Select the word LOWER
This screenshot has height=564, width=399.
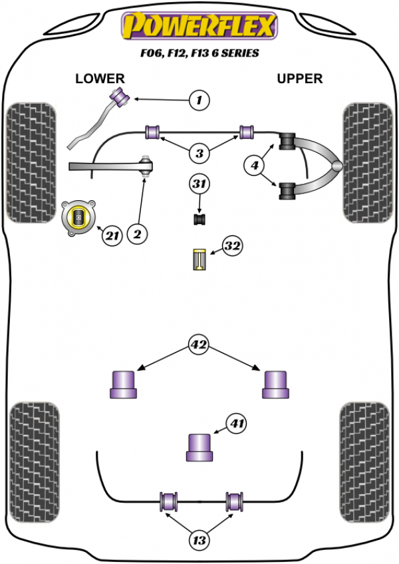(x=100, y=78)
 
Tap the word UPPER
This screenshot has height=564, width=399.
(x=299, y=78)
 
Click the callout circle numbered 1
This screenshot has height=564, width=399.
(x=198, y=100)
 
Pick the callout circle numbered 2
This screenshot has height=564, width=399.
(x=138, y=233)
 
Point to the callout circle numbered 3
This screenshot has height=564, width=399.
(x=198, y=154)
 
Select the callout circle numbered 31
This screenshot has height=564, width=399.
(x=198, y=184)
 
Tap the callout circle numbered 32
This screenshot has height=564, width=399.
(x=231, y=247)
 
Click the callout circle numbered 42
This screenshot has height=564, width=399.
(x=198, y=345)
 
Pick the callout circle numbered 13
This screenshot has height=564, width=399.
(x=198, y=541)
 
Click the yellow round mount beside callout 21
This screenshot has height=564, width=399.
(x=79, y=217)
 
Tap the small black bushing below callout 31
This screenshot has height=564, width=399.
(x=198, y=218)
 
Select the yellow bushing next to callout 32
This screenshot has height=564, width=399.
(x=198, y=259)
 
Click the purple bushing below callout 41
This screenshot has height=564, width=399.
(x=198, y=446)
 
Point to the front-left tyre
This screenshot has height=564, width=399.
(x=30, y=162)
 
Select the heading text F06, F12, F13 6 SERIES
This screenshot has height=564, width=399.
(x=198, y=53)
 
